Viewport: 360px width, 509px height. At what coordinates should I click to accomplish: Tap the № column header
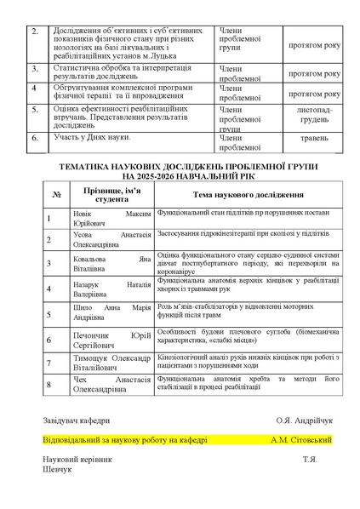click(56, 194)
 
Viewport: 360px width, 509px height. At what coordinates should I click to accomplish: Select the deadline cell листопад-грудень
click(315, 115)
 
